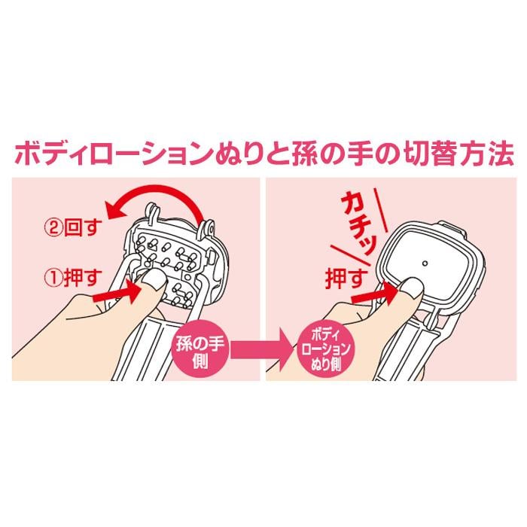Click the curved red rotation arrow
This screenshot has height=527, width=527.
click(158, 190)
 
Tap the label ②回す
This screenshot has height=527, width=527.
click(73, 228)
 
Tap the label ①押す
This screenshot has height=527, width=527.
click(73, 278)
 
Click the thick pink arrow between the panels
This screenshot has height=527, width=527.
click(261, 350)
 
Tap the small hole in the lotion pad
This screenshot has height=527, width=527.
click(425, 263)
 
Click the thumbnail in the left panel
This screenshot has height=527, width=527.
click(154, 279)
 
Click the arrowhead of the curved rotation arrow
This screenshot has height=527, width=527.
click(114, 209)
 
